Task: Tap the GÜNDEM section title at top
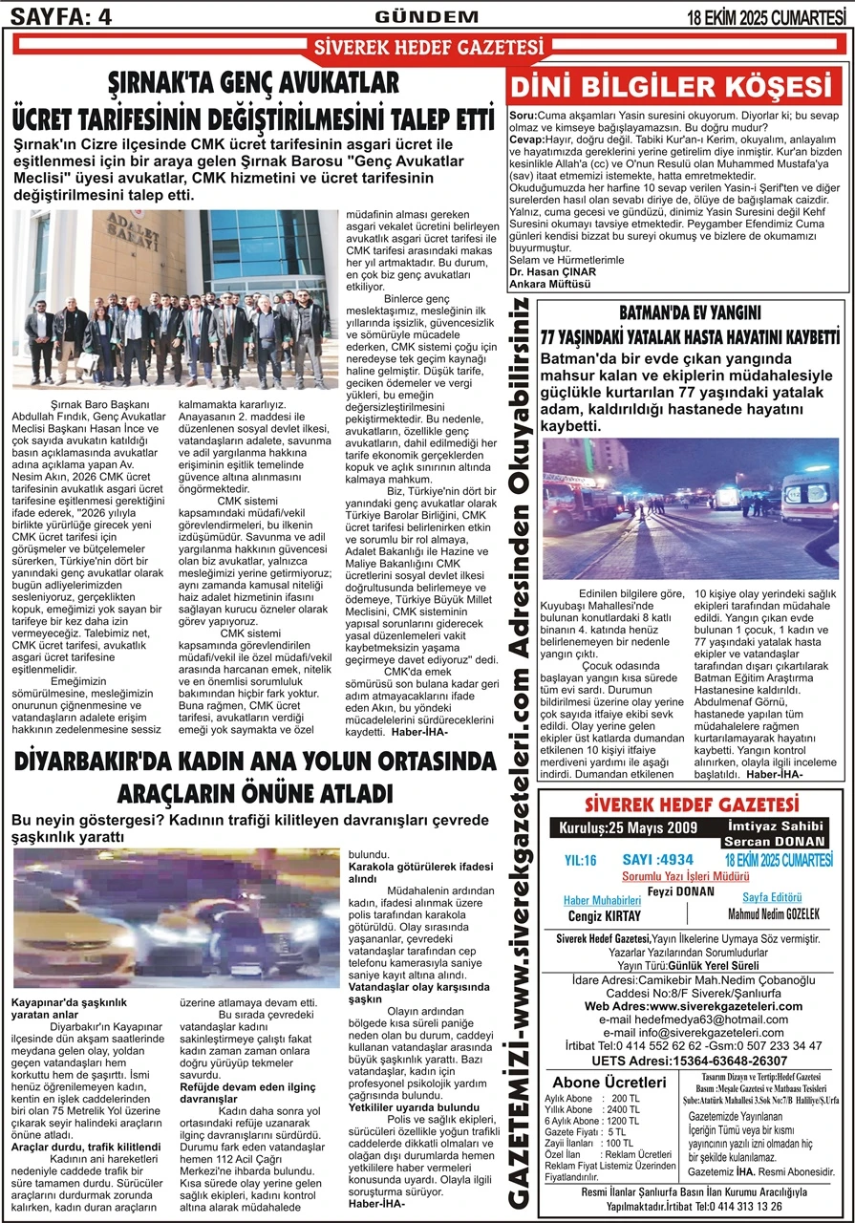click(427, 15)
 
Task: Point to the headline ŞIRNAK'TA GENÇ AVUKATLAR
click(253, 83)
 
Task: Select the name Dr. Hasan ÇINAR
click(553, 271)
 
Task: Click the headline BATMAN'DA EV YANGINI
click(690, 312)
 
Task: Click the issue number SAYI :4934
click(657, 860)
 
